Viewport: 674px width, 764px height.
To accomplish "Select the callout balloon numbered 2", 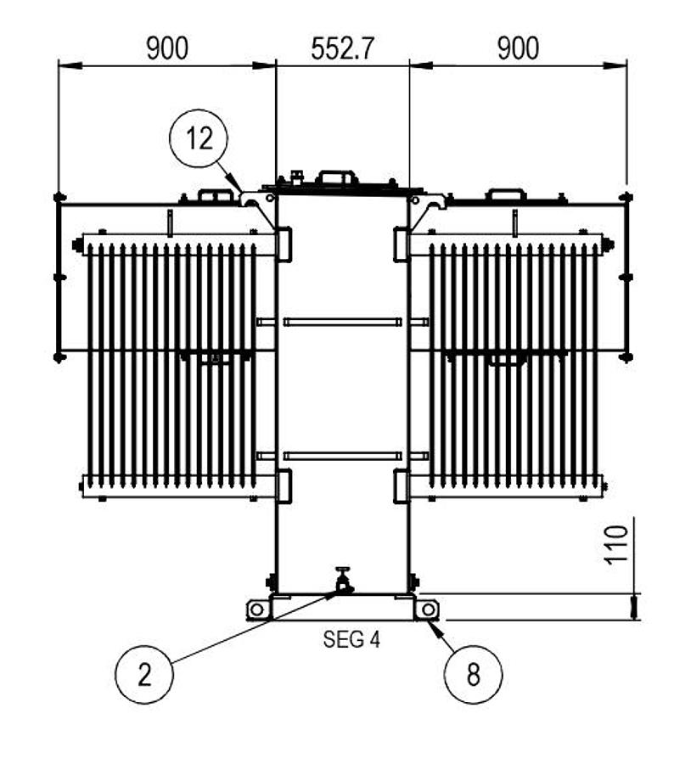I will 144,675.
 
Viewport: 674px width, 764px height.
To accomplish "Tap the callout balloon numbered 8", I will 473,675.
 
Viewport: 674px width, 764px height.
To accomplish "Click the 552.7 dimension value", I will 343,48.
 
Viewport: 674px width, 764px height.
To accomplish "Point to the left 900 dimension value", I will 167,48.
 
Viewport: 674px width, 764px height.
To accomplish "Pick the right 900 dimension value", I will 518,48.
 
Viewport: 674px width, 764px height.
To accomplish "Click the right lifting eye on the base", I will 428,609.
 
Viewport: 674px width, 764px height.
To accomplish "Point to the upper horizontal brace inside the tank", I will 343,321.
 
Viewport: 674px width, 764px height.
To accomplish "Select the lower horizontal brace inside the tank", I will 343,456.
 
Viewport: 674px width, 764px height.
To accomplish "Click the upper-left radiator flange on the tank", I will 283,244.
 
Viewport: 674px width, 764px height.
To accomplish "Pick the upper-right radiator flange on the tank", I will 402,244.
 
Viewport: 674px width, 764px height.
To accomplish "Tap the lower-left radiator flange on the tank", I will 283,485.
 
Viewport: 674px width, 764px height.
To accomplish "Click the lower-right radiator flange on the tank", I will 402,485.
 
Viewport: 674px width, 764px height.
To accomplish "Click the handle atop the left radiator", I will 216,195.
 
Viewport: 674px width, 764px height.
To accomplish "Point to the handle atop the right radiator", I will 505,195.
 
